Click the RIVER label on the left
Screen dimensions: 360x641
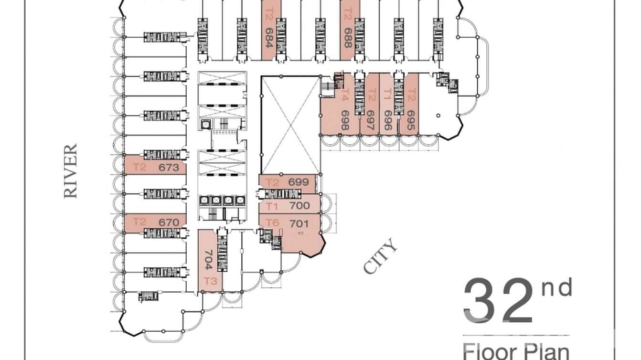[71, 171]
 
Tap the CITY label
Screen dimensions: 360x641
[381, 256]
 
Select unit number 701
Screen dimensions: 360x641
[299, 222]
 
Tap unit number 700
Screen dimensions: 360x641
[299, 206]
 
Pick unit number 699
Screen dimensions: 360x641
[299, 182]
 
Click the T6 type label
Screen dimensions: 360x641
[272, 222]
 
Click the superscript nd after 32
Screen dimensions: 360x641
[556, 288]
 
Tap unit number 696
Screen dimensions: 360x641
[388, 122]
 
